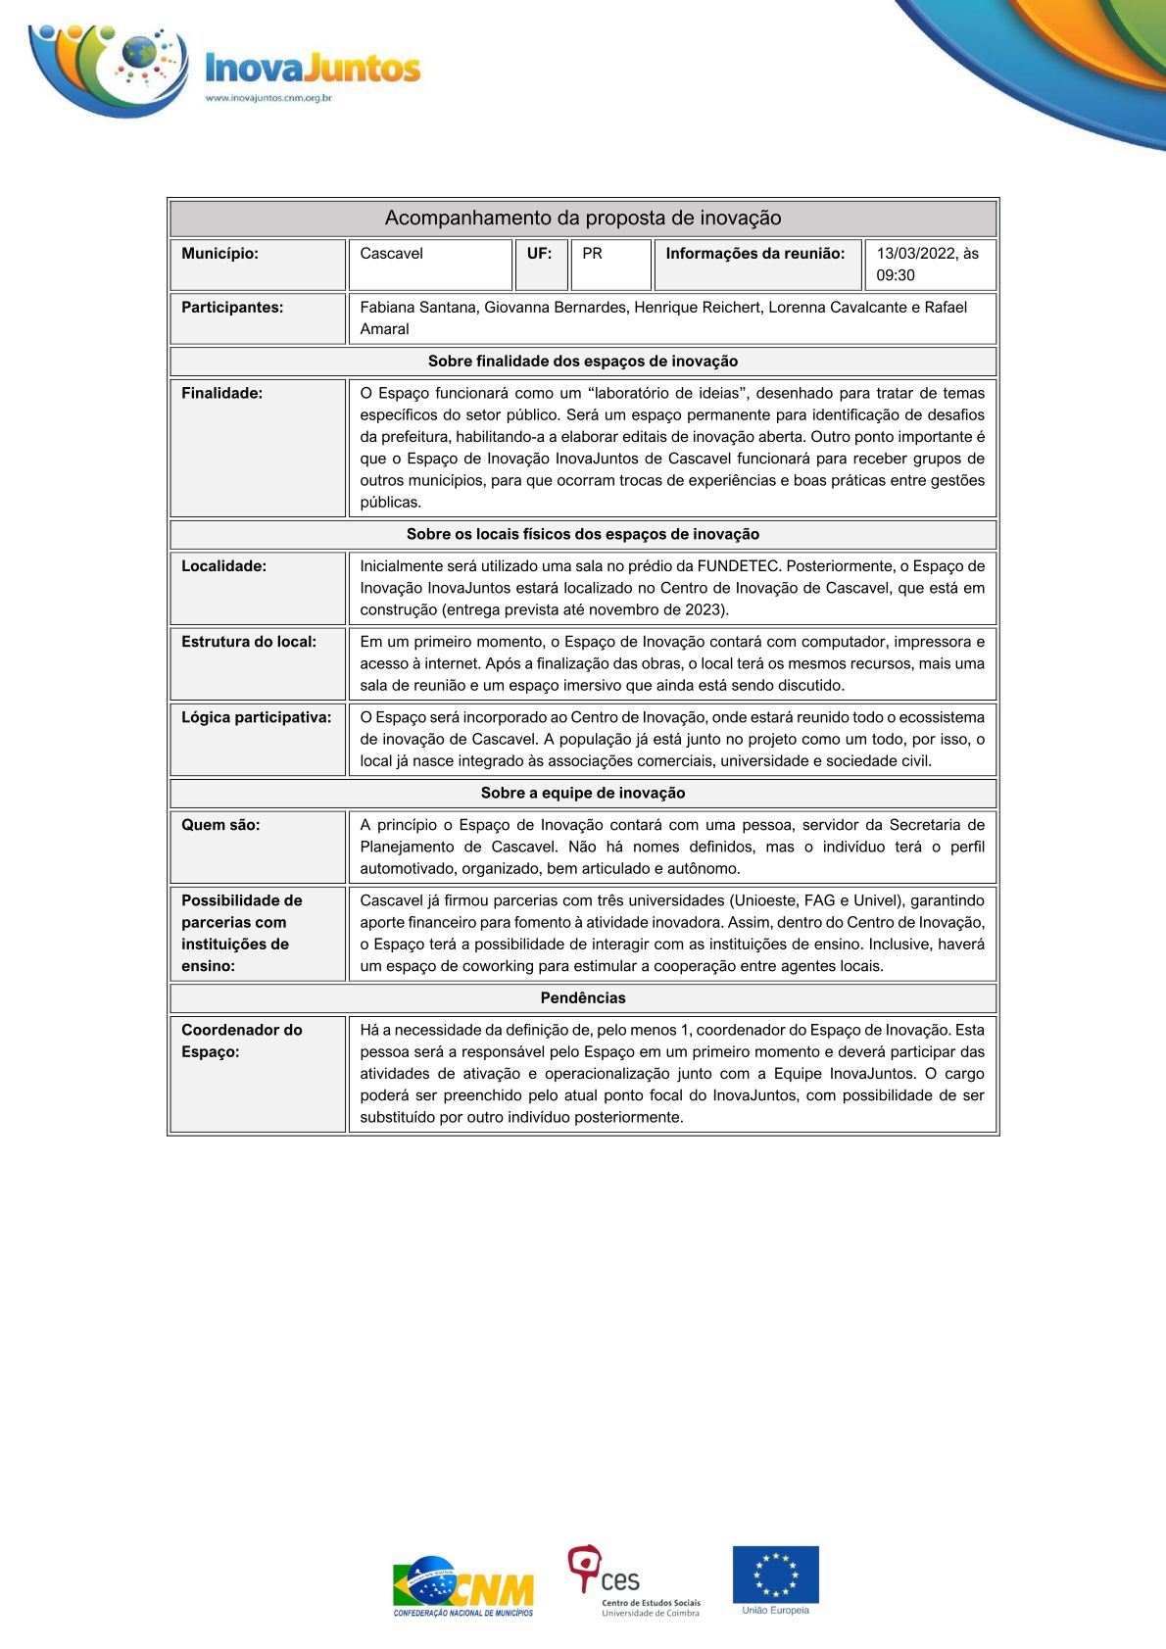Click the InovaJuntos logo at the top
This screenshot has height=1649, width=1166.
[225, 69]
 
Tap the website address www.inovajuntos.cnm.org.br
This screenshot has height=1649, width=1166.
[268, 98]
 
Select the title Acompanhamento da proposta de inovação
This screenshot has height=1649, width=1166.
[583, 218]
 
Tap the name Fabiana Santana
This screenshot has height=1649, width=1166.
[418, 307]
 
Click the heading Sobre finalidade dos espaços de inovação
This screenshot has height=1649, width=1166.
[583, 361]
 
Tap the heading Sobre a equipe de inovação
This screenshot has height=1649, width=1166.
[583, 793]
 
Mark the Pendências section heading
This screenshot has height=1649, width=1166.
[583, 997]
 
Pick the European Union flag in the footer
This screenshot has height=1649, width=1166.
[776, 1574]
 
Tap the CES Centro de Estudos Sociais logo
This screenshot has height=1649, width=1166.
[633, 1580]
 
